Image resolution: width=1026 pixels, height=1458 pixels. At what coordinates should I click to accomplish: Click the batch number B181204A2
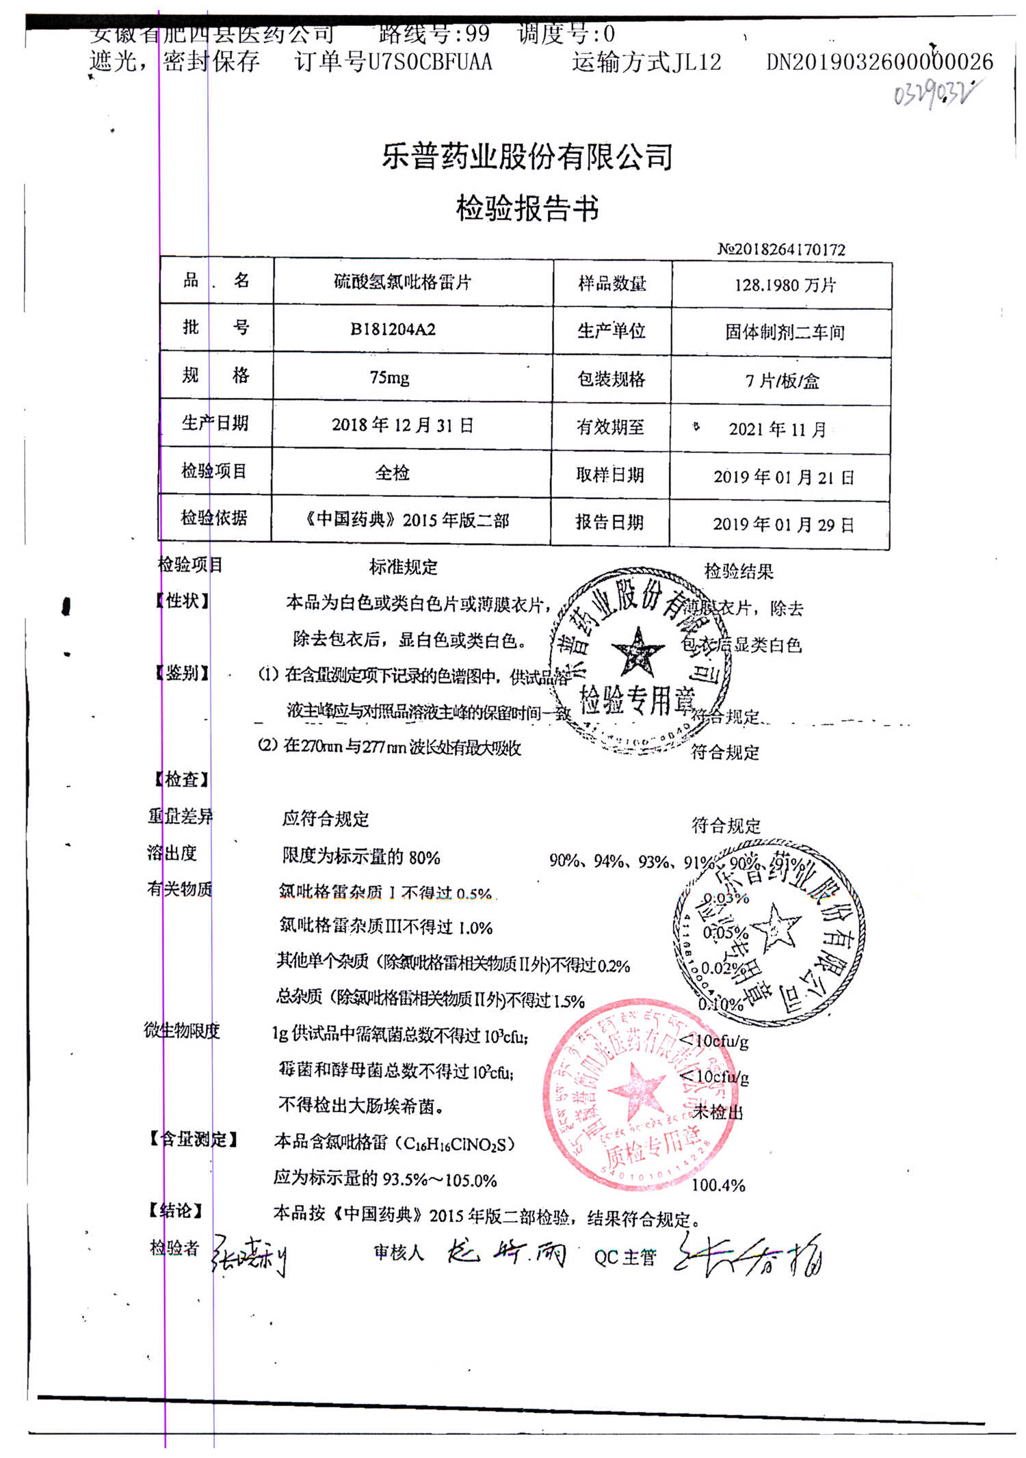[393, 330]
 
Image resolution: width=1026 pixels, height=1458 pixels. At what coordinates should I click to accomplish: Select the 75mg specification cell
[389, 377]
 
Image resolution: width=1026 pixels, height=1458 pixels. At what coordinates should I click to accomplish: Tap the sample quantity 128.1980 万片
[785, 285]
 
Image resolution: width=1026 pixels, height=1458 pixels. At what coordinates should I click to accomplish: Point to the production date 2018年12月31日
[402, 425]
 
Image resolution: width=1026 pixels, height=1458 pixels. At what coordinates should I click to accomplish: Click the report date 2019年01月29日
[783, 525]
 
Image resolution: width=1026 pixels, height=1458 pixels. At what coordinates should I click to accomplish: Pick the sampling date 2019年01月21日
[783, 477]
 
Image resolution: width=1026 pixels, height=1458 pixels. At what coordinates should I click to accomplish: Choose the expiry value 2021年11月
[777, 429]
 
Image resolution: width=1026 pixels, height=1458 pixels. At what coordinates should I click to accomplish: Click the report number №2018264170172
[781, 250]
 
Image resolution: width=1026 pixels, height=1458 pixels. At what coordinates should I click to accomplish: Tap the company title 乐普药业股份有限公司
[527, 157]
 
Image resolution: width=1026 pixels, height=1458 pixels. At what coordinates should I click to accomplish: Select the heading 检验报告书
[527, 208]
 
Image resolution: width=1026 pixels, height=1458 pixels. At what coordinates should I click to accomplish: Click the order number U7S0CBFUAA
[430, 62]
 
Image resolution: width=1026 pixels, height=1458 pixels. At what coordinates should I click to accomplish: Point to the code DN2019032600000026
[879, 62]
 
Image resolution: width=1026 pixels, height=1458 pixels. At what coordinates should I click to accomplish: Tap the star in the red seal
[636, 1087]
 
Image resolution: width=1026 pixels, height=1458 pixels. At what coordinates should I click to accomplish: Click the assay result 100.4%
[718, 1185]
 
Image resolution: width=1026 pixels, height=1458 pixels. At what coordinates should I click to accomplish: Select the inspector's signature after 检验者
[249, 1256]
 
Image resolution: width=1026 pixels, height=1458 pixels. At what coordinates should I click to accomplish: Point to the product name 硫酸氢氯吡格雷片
[402, 282]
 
